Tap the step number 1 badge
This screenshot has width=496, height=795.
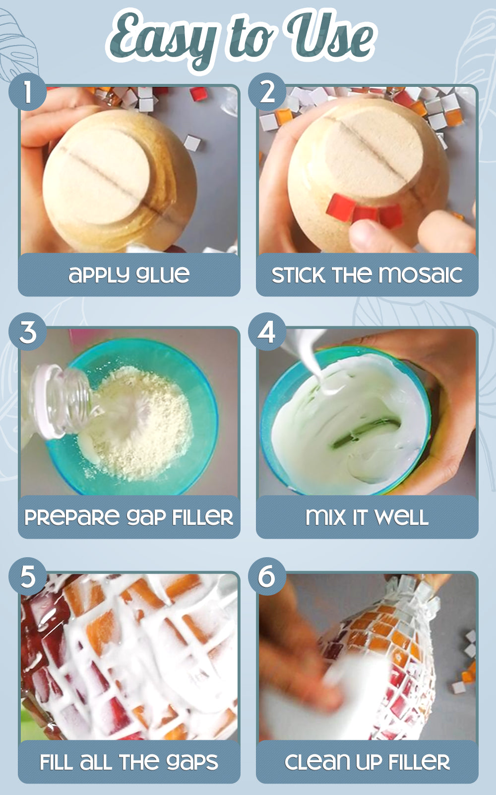(28, 92)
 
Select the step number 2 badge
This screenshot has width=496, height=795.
(267, 92)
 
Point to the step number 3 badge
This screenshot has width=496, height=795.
(28, 332)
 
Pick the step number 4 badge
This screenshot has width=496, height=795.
(267, 332)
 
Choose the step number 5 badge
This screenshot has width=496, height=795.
(28, 577)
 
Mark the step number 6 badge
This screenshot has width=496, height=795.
(267, 577)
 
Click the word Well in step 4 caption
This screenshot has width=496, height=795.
(401, 517)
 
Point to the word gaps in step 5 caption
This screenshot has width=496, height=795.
(192, 762)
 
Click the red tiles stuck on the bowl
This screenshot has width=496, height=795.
(365, 209)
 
